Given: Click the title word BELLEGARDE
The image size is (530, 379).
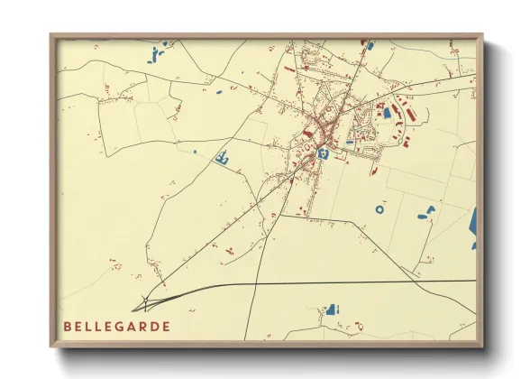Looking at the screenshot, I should (x=116, y=326).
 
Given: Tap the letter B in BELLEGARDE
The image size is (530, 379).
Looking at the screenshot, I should (x=68, y=326).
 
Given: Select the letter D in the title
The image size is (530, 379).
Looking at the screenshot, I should (x=154, y=326).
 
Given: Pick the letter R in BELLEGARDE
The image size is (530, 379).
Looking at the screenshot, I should (x=142, y=326).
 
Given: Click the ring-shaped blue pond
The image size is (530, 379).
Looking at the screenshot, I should (x=379, y=208).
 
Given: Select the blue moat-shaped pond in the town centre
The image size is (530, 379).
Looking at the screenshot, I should (x=321, y=153).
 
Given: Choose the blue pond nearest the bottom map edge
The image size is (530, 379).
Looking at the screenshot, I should (x=334, y=310).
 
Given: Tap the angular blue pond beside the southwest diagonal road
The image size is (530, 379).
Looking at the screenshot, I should (x=221, y=159).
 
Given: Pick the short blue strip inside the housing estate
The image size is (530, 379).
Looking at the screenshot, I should (x=350, y=142).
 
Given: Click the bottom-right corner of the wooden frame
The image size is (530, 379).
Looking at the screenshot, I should (x=482, y=347).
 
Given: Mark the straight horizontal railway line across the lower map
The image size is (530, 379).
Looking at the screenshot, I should (x=361, y=282).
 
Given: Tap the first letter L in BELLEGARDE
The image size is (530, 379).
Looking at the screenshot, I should (x=88, y=326).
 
